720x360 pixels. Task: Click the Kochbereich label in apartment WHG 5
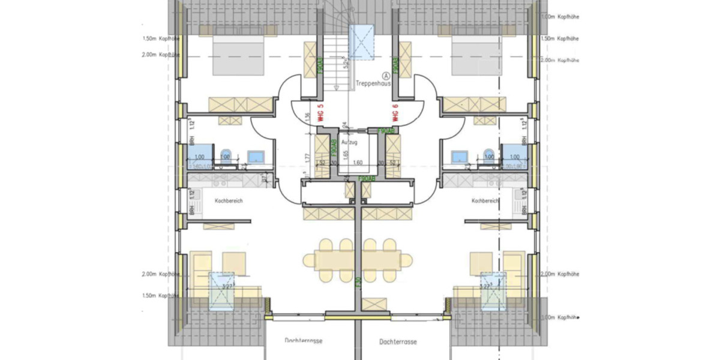[229, 201]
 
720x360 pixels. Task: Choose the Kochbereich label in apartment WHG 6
[486, 201]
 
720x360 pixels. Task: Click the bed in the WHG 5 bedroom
[238, 54]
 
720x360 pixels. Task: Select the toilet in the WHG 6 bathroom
[489, 155]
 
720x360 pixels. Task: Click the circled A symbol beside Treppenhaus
[386, 76]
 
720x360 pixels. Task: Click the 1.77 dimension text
[307, 158]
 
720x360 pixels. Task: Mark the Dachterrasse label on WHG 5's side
[304, 341]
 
